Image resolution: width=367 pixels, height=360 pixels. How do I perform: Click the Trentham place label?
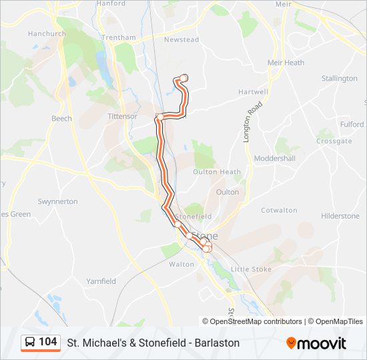click(x=120, y=37)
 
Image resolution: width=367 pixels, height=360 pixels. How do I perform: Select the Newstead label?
click(x=181, y=40)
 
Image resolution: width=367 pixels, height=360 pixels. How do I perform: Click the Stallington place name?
click(x=339, y=79)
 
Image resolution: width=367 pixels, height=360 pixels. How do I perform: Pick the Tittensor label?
click(x=122, y=116)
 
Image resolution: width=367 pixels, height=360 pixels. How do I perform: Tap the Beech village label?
click(x=61, y=119)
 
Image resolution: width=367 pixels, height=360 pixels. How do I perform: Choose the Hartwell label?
click(x=254, y=92)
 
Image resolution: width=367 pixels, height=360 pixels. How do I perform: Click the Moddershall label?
click(x=274, y=159)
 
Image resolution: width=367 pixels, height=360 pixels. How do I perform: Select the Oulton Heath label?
click(x=216, y=172)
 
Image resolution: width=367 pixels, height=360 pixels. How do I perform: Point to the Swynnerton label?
click(x=57, y=201)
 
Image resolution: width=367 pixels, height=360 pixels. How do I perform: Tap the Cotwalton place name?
click(x=279, y=211)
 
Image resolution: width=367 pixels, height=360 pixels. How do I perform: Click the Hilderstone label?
click(x=340, y=216)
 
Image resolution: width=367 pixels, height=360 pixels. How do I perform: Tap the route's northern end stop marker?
click(x=183, y=78)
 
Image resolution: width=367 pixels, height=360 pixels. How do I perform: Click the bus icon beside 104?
click(x=30, y=343)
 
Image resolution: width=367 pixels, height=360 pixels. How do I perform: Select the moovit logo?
click(x=316, y=343)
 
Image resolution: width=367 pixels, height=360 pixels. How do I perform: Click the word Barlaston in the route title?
click(x=213, y=343)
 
